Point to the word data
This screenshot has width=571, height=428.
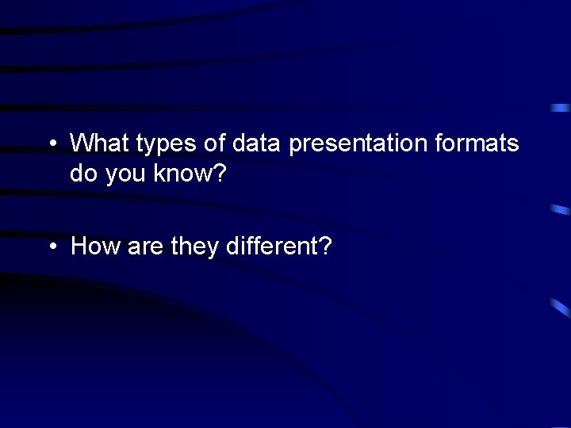pos(257,143)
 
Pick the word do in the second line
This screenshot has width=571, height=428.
pos(82,173)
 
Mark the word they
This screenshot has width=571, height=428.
pos(194,248)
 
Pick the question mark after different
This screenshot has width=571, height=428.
pos(325,246)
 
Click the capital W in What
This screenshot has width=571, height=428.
pos(82,143)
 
